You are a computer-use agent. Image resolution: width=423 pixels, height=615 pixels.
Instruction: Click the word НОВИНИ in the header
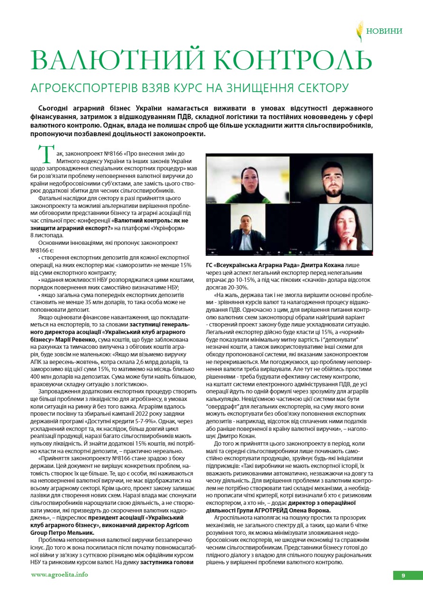[x=384, y=31]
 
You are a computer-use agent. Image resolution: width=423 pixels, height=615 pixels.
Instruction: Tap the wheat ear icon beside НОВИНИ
[x=360, y=31]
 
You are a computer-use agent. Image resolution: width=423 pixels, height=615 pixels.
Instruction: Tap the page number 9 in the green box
[x=403, y=576]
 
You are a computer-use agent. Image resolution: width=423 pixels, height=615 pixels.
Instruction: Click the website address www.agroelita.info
[x=60, y=575]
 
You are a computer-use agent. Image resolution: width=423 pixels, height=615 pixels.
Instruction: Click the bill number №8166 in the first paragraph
[x=114, y=154]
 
